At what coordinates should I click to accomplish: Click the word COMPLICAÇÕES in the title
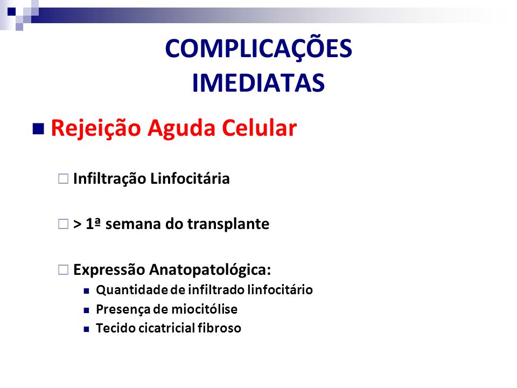258,48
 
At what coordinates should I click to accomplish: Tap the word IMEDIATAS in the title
258,83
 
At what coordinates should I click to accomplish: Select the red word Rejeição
96,128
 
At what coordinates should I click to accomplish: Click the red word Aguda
181,128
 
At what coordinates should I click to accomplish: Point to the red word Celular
259,128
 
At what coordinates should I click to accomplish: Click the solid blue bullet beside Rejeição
38,129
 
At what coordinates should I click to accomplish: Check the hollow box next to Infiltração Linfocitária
64,179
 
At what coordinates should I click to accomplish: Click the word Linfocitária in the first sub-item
190,178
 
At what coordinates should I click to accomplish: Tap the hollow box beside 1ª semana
64,224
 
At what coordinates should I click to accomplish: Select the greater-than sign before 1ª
77,224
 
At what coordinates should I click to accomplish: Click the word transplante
228,224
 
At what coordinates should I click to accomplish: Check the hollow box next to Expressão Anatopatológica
64,269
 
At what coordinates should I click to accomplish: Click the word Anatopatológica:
210,270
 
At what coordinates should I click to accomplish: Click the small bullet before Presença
86,310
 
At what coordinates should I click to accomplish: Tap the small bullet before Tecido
86,329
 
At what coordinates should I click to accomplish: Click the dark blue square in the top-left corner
11,11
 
